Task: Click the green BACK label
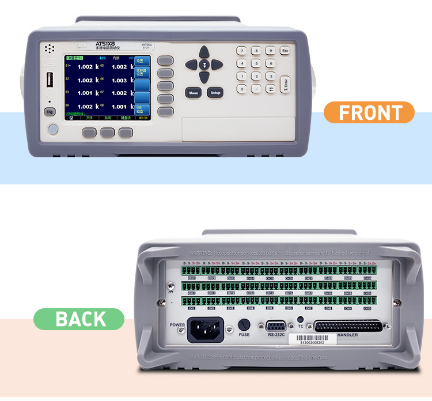(79, 319)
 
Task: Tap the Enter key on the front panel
(285, 84)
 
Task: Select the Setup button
(215, 92)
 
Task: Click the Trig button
(50, 112)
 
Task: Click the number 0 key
(242, 89)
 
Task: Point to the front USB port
(50, 80)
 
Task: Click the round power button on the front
(52, 130)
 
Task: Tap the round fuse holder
(244, 324)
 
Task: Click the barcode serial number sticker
(305, 343)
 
